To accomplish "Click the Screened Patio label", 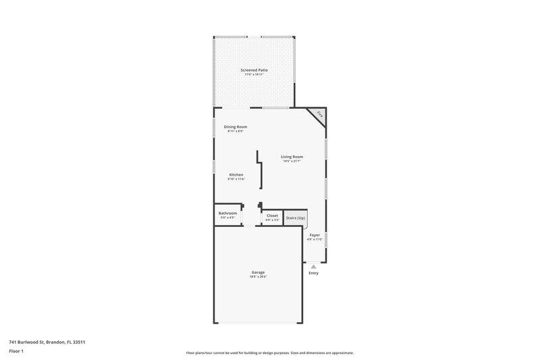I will click(x=254, y=70).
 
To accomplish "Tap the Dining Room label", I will click(x=236, y=126).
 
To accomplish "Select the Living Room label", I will click(x=292, y=157).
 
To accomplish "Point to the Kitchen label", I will click(x=236, y=175).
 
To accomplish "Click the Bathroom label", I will click(x=227, y=213).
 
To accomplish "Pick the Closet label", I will click(x=272, y=215).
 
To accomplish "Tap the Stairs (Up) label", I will click(x=296, y=218).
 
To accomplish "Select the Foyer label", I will click(x=315, y=235).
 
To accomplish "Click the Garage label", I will click(x=258, y=272).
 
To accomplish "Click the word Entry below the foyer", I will click(x=313, y=273).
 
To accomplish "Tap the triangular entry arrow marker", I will click(x=313, y=266).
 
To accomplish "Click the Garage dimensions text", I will click(x=258, y=277).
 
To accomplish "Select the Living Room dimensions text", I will click(x=292, y=161).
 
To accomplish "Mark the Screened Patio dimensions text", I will click(x=254, y=74).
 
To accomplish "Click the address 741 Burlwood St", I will click(x=47, y=342).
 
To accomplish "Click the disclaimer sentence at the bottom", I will click(x=269, y=353).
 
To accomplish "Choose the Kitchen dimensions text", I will click(x=236, y=180).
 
